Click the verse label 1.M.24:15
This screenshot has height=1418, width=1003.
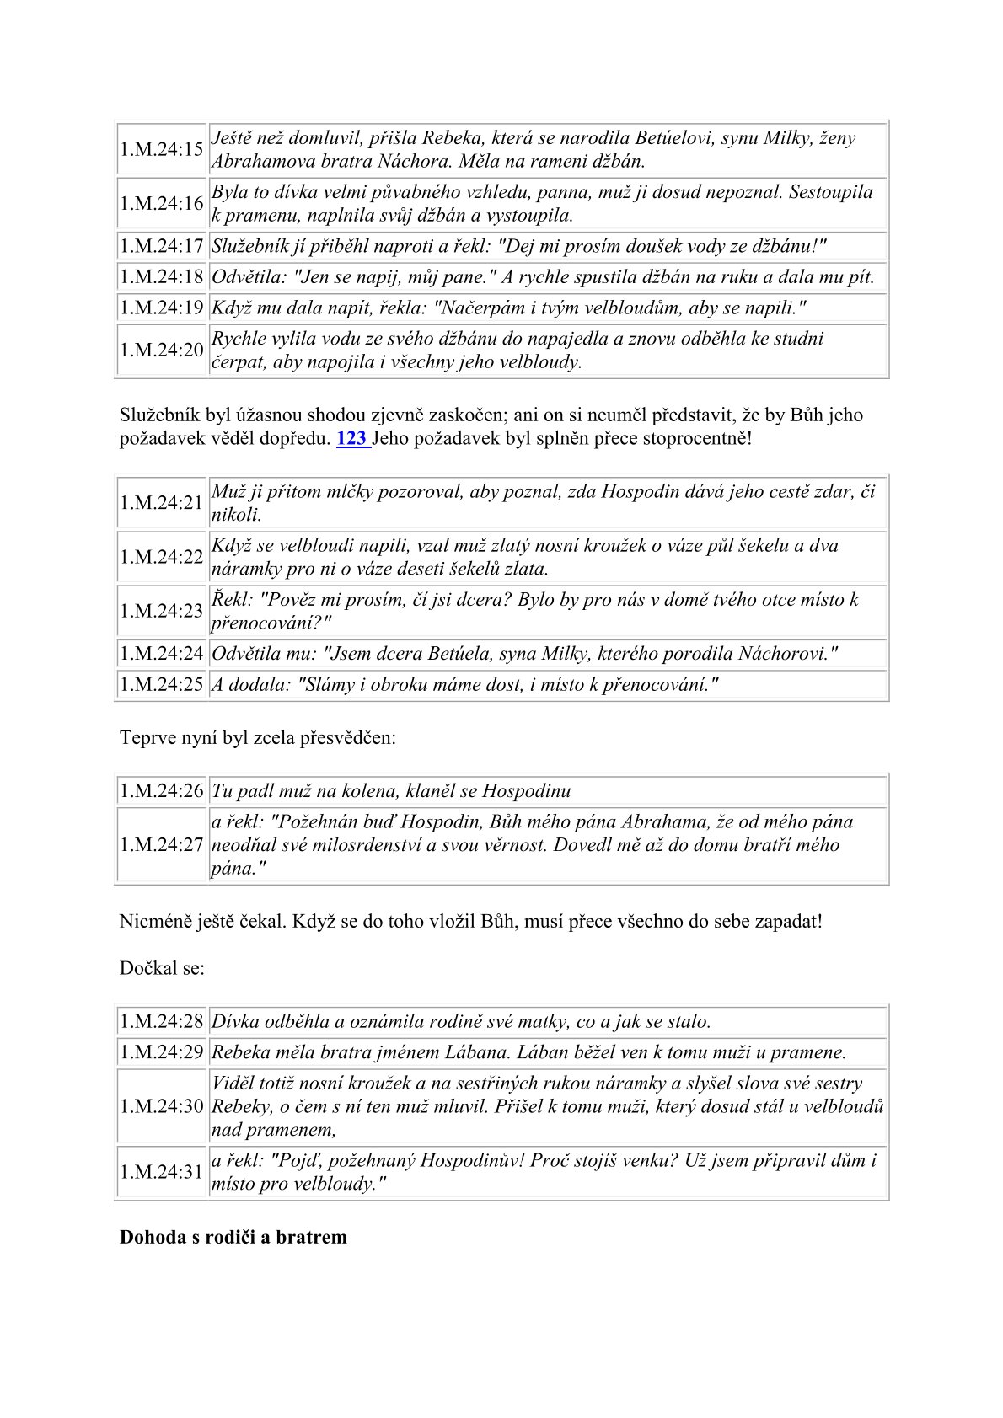click(161, 149)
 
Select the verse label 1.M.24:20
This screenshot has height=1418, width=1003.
click(161, 350)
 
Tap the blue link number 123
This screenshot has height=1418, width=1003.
click(351, 438)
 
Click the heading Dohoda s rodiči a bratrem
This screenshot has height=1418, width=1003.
click(233, 1237)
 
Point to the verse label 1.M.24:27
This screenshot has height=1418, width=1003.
click(161, 845)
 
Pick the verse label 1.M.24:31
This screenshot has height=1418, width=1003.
click(161, 1172)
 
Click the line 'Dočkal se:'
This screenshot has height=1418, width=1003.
click(162, 968)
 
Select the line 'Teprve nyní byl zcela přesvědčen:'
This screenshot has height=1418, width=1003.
click(257, 737)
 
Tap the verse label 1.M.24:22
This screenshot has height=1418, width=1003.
click(161, 556)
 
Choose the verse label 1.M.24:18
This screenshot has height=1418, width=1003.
click(161, 276)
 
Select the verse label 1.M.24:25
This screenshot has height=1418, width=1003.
click(161, 684)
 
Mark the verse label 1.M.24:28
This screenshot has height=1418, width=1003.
click(161, 1021)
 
